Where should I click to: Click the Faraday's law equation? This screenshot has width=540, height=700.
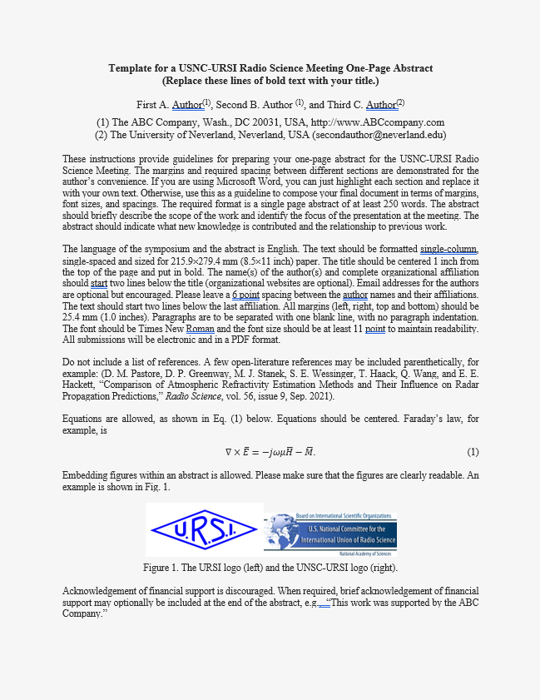click(x=270, y=452)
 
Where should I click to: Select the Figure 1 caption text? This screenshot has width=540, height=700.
click(x=270, y=568)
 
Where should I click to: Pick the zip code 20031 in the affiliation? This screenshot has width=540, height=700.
click(x=258, y=122)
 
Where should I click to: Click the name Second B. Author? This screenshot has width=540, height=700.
click(x=258, y=105)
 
